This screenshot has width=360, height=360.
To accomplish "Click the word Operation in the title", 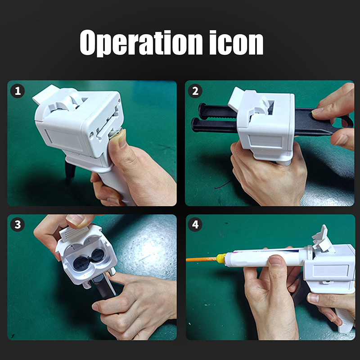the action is click(x=141, y=43).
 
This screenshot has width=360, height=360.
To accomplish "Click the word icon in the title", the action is click(x=236, y=42).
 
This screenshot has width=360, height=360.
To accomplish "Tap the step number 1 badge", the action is click(x=18, y=91).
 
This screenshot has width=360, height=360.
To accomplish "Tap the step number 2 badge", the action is click(x=195, y=91).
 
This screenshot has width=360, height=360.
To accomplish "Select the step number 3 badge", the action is click(x=18, y=224).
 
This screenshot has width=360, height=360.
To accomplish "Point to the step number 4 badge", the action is click(x=195, y=224).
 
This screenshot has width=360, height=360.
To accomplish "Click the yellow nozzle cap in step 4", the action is click(x=221, y=258).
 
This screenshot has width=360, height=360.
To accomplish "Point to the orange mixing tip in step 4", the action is click(x=201, y=260).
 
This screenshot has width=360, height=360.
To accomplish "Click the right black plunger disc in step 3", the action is click(x=98, y=255).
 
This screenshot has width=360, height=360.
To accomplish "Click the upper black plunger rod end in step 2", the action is click(x=202, y=111).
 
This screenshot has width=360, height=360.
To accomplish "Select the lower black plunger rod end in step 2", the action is click(x=196, y=125).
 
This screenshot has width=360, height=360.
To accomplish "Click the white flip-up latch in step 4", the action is click(x=322, y=239).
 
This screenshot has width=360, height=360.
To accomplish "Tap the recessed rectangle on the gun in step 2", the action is click(x=265, y=141).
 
